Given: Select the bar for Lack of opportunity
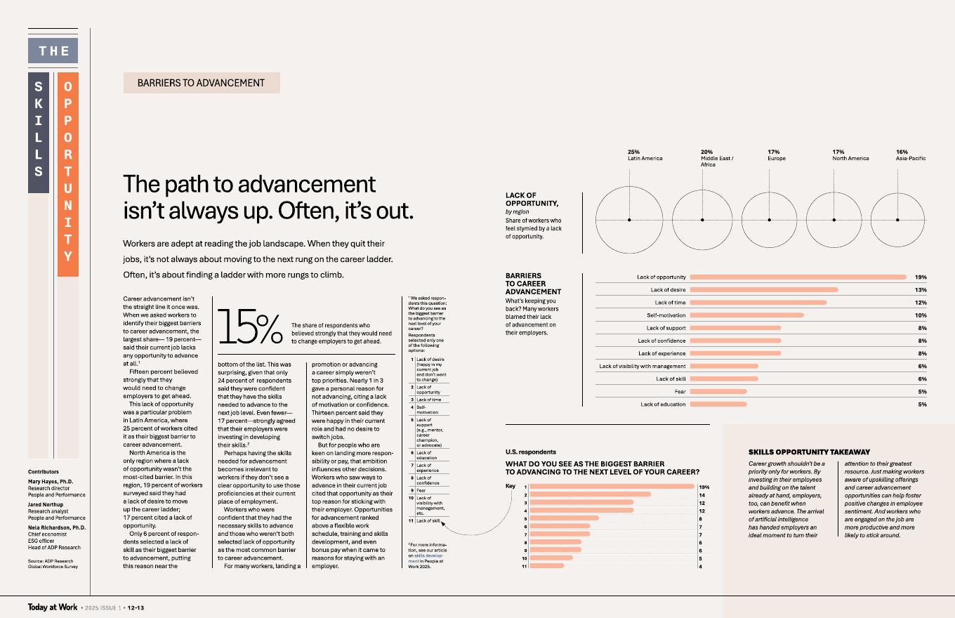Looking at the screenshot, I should [798, 277].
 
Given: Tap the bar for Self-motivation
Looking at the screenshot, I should [746, 315].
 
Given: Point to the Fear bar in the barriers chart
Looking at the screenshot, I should [718, 392].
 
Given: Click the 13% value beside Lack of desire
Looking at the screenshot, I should [921, 290].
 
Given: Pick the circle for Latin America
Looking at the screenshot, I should [629, 220].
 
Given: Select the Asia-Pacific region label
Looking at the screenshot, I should [911, 159].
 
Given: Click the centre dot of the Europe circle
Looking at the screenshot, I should [770, 220].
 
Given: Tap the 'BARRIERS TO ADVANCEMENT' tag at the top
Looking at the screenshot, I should [202, 83].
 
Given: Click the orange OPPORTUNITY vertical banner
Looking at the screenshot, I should [67, 173].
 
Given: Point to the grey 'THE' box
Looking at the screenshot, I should [53, 51].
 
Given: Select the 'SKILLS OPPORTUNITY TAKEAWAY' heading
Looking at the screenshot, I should [809, 452].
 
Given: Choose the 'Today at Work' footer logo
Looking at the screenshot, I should [53, 607].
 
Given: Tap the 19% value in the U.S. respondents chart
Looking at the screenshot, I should [704, 487].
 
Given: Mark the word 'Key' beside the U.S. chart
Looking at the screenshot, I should [511, 486].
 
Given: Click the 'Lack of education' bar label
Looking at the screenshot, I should [663, 405].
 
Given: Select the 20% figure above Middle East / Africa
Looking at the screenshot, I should [706, 152].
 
